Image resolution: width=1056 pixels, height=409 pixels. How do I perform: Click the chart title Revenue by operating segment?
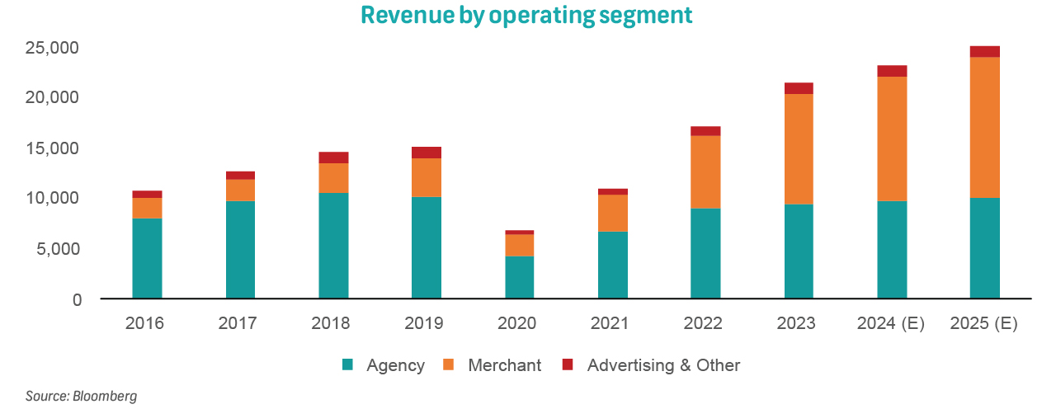pyautogui.click(x=526, y=15)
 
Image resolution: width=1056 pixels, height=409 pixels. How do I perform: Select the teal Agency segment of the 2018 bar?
pyautogui.click(x=333, y=245)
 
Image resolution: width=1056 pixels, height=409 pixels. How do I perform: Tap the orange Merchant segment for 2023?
pyautogui.click(x=799, y=149)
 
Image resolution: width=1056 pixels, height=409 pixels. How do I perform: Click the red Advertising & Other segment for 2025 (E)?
pyautogui.click(x=985, y=51)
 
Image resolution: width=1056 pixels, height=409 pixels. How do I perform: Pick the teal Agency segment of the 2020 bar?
pyautogui.click(x=520, y=277)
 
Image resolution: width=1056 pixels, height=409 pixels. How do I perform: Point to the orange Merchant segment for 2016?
pyautogui.click(x=147, y=208)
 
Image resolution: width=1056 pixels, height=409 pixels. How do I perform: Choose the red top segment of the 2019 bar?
pyautogui.click(x=427, y=153)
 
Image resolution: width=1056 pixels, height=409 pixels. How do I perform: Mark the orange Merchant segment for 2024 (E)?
pyautogui.click(x=892, y=139)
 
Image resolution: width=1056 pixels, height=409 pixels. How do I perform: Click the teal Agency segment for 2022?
pyautogui.click(x=706, y=253)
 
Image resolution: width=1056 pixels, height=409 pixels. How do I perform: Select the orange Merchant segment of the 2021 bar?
pyautogui.click(x=613, y=213)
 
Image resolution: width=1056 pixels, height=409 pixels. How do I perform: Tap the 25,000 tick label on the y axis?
pyautogui.click(x=51, y=48)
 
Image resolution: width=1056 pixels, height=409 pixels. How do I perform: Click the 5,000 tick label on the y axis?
pyautogui.click(x=55, y=249)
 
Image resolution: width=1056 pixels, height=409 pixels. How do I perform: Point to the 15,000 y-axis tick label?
pyautogui.click(x=51, y=148)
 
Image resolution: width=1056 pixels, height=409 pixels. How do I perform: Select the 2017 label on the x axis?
pyautogui.click(x=238, y=323)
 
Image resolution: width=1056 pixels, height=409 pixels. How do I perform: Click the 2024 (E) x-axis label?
pyautogui.click(x=891, y=323)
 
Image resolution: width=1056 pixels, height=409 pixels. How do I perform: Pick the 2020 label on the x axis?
pyautogui.click(x=517, y=323)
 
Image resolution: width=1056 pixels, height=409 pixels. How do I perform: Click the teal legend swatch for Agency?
pyautogui.click(x=348, y=364)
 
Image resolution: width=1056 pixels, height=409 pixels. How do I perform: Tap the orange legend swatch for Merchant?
pyautogui.click(x=450, y=364)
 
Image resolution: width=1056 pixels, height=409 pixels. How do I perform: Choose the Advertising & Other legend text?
pyautogui.click(x=663, y=365)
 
